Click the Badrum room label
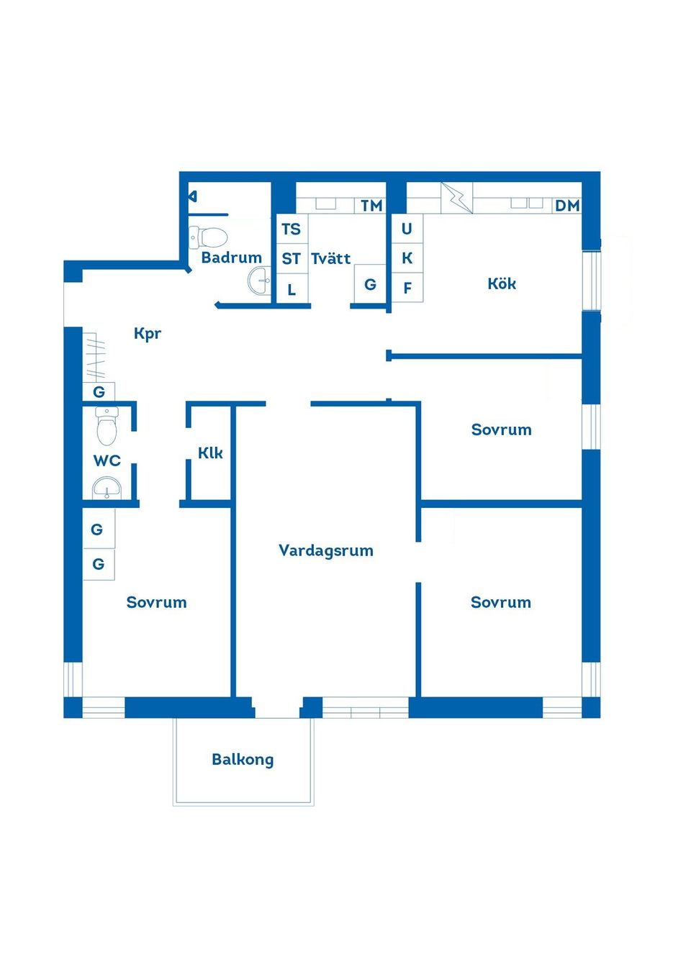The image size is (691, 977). pyautogui.click(x=231, y=258)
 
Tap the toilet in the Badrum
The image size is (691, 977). pyautogui.click(x=208, y=237)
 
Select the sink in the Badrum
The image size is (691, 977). pyautogui.click(x=259, y=281)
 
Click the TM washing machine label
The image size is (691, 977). pyautogui.click(x=371, y=206)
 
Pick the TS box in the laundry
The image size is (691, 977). pyautogui.click(x=292, y=229)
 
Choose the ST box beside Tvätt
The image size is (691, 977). pyautogui.click(x=292, y=259)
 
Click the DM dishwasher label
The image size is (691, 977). pyautogui.click(x=567, y=206)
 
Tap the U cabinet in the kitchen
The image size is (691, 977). pyautogui.click(x=407, y=228)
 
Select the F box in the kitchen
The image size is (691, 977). pyautogui.click(x=407, y=288)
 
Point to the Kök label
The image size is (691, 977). pyautogui.click(x=502, y=283)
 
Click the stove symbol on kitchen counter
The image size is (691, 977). pyautogui.click(x=457, y=198)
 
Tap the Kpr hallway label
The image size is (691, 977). pyautogui.click(x=148, y=334)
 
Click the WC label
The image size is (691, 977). pyautogui.click(x=107, y=460)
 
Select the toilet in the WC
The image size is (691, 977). pyautogui.click(x=107, y=426)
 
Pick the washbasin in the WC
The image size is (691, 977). pyautogui.click(x=107, y=488)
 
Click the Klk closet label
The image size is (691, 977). pyautogui.click(x=210, y=453)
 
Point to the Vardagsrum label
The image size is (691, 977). pyautogui.click(x=326, y=550)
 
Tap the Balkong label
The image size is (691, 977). pyautogui.click(x=243, y=759)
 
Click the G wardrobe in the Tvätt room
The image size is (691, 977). pyautogui.click(x=370, y=283)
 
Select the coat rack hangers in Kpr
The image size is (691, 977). pyautogui.click(x=96, y=355)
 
